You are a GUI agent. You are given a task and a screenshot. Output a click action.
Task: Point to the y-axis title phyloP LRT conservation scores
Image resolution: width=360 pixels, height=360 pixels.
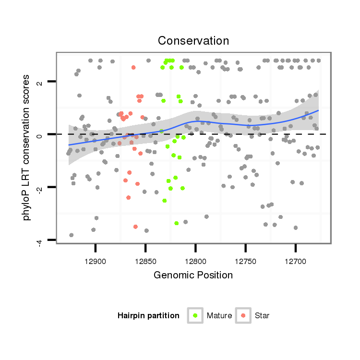click(x=27, y=147)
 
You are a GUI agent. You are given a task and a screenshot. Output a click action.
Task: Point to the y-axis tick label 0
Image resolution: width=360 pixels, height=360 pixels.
click(x=40, y=135)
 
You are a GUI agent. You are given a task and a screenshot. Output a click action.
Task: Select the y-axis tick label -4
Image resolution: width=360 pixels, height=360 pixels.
click(x=40, y=242)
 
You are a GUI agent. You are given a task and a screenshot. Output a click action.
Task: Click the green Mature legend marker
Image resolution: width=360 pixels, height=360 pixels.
click(x=195, y=315)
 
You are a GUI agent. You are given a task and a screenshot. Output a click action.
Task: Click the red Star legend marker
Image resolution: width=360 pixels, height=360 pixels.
click(x=243, y=315)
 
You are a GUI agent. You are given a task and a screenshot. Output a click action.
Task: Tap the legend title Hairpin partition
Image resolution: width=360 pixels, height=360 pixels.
click(x=148, y=316)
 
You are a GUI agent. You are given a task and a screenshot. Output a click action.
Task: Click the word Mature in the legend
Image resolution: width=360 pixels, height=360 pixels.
click(x=219, y=316)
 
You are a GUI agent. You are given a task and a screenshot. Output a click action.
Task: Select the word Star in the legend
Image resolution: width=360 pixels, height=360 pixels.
click(x=262, y=316)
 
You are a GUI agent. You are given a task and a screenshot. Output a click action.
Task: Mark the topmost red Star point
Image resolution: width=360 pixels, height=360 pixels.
click(x=133, y=68)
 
